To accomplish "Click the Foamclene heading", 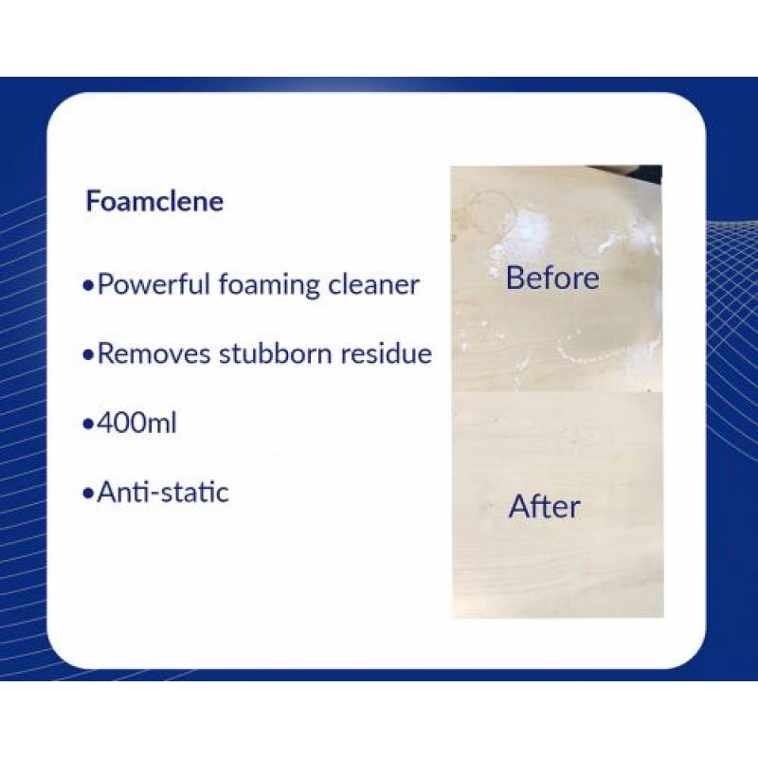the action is (x=154, y=201).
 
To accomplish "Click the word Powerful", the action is (x=153, y=285).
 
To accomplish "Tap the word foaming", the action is (x=269, y=285).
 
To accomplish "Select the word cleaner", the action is (x=373, y=285).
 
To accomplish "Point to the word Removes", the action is (x=153, y=353).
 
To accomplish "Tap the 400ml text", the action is (x=136, y=423).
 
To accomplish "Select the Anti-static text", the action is (x=163, y=493).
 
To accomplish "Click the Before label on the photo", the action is (x=552, y=278).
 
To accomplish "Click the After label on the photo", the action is (x=544, y=507).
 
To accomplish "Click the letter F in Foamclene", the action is (x=92, y=202).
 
